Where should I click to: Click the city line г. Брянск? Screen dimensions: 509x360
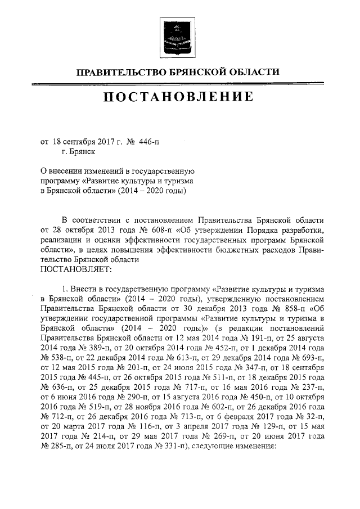79,152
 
